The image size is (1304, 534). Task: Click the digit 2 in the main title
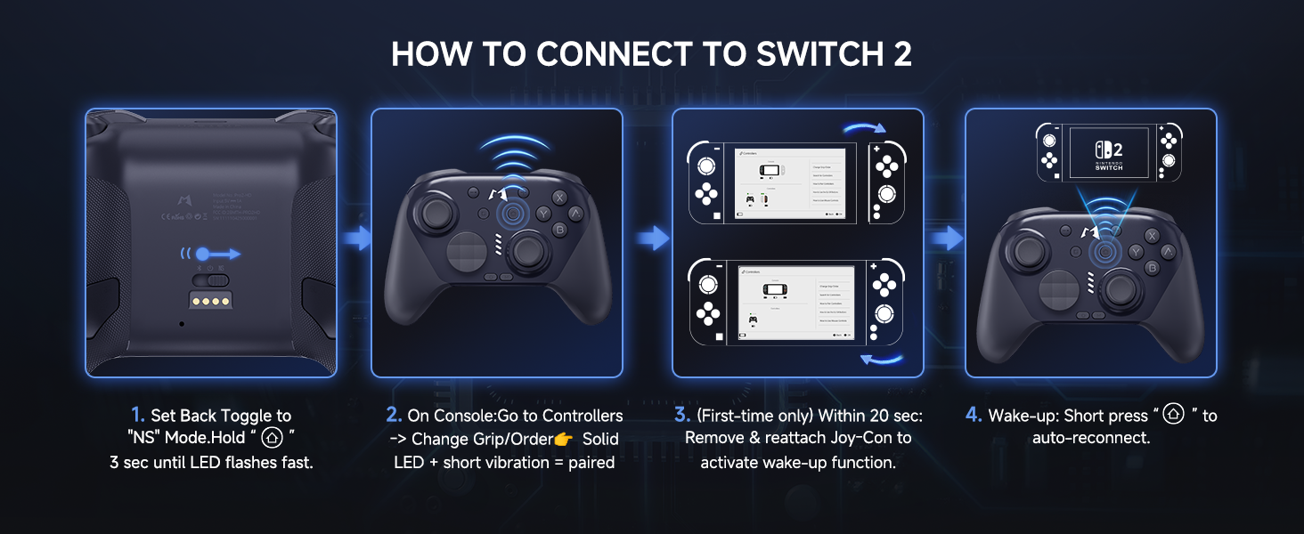click(x=901, y=54)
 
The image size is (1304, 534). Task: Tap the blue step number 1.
click(x=137, y=416)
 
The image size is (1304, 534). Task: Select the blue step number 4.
click(x=974, y=416)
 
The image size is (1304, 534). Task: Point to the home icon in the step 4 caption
click(x=1174, y=415)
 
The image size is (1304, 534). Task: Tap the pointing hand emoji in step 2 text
click(x=563, y=440)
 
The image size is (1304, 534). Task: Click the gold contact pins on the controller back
click(x=210, y=300)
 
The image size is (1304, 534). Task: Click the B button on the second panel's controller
click(x=559, y=231)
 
